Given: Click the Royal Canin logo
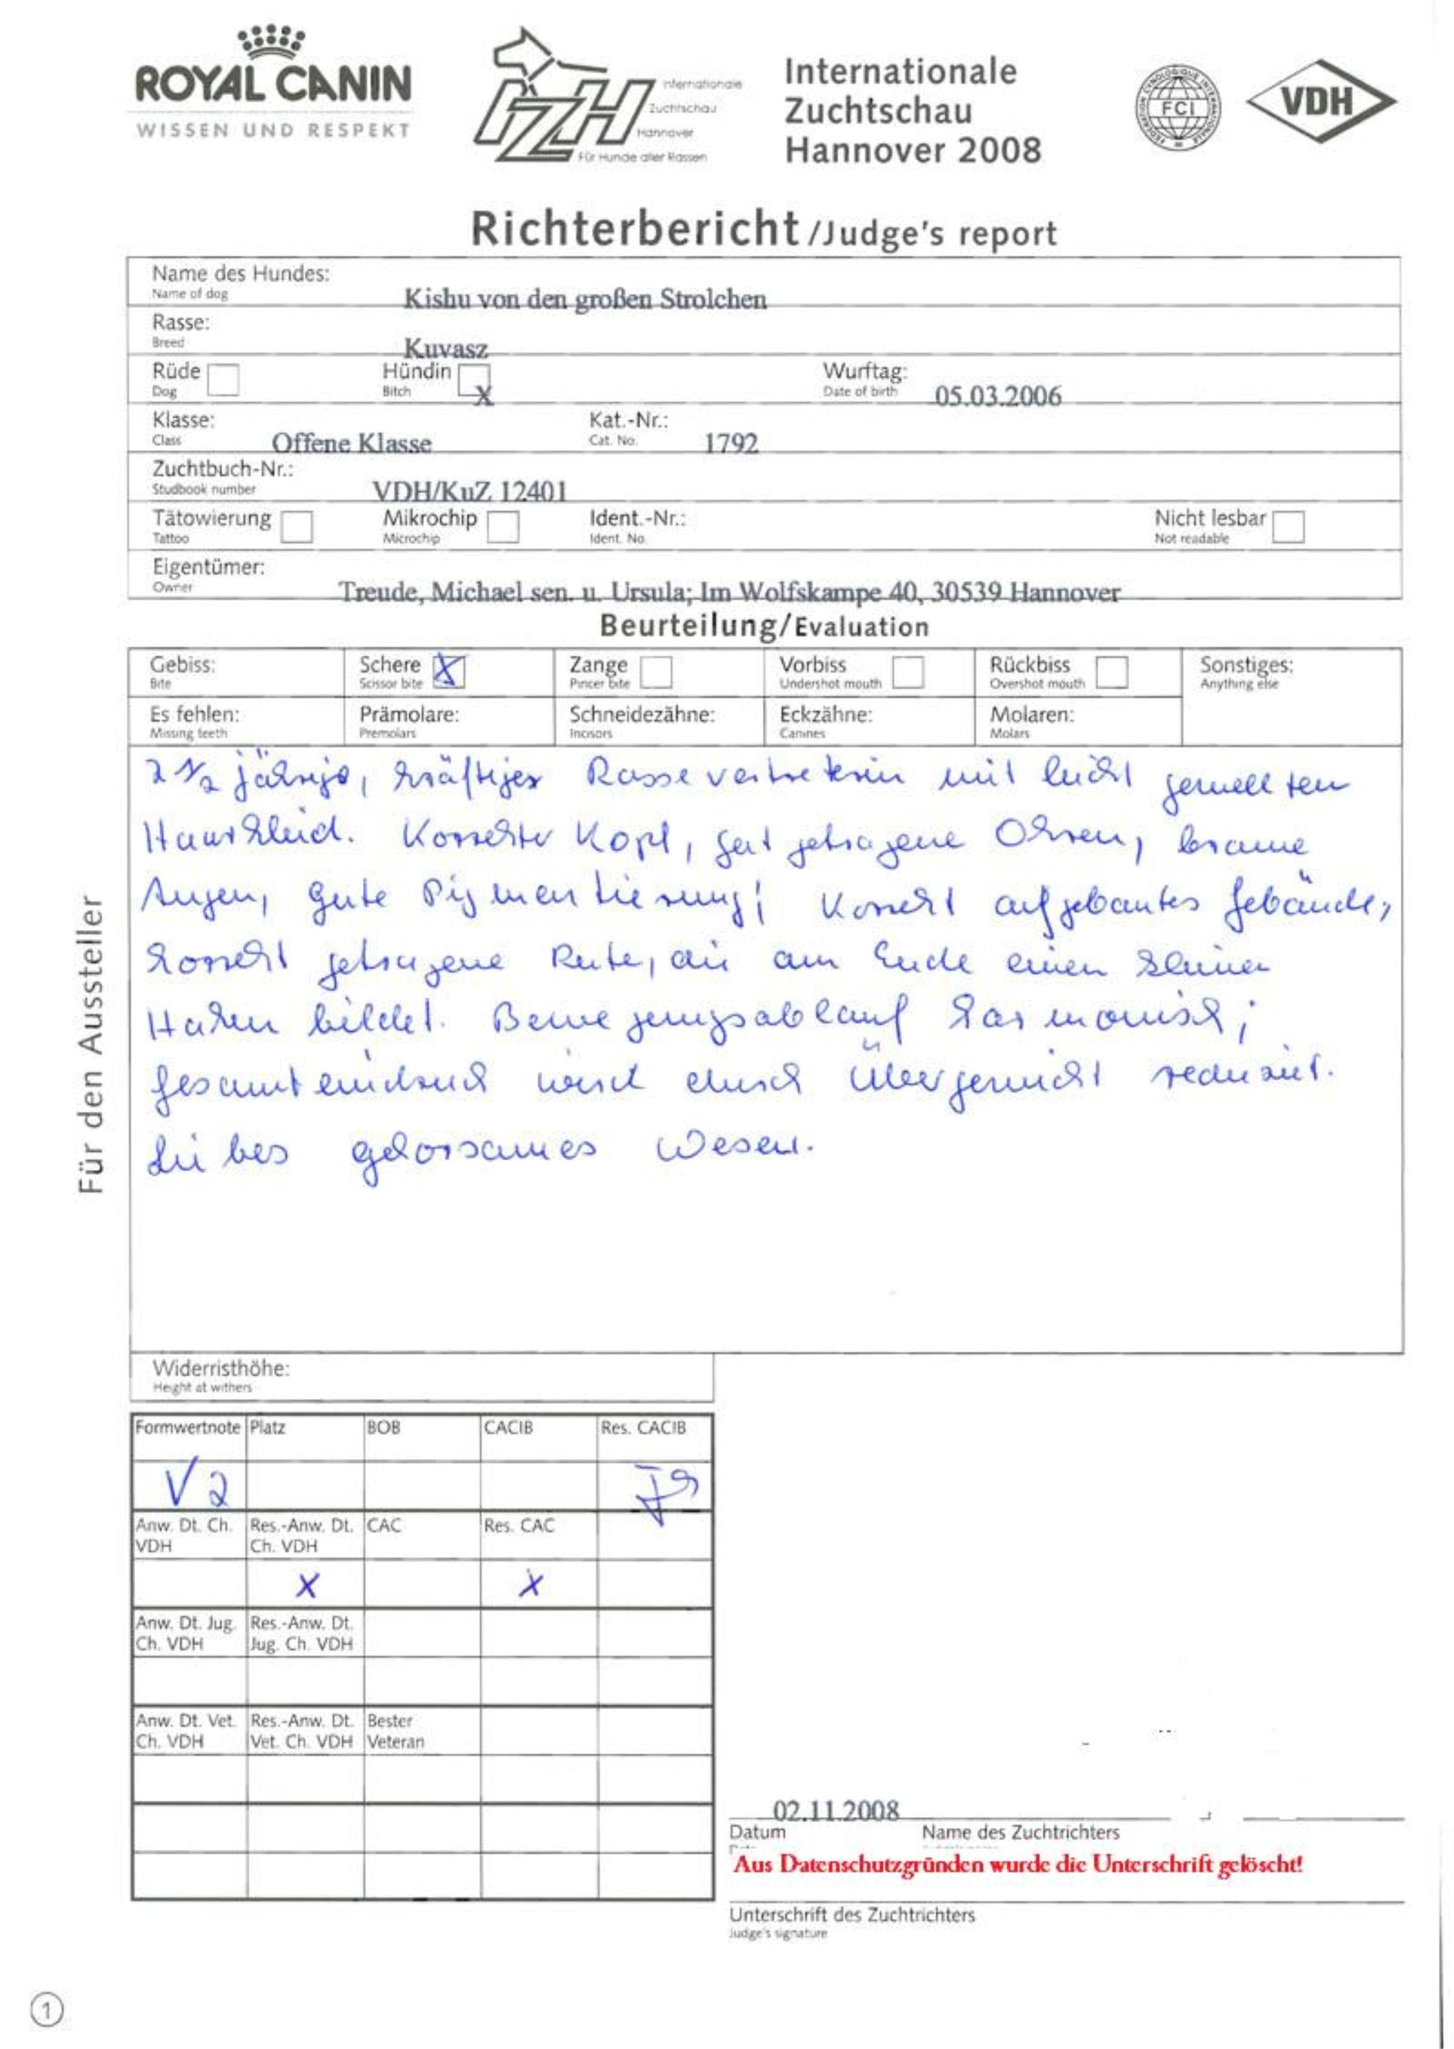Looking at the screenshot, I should (273, 83).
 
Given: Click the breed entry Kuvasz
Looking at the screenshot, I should (446, 349).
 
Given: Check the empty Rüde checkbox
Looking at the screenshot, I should (223, 379).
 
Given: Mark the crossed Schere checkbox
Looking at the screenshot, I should (449, 671).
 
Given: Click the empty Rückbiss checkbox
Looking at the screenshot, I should (1111, 672).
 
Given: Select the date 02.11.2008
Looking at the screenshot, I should (836, 1811).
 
